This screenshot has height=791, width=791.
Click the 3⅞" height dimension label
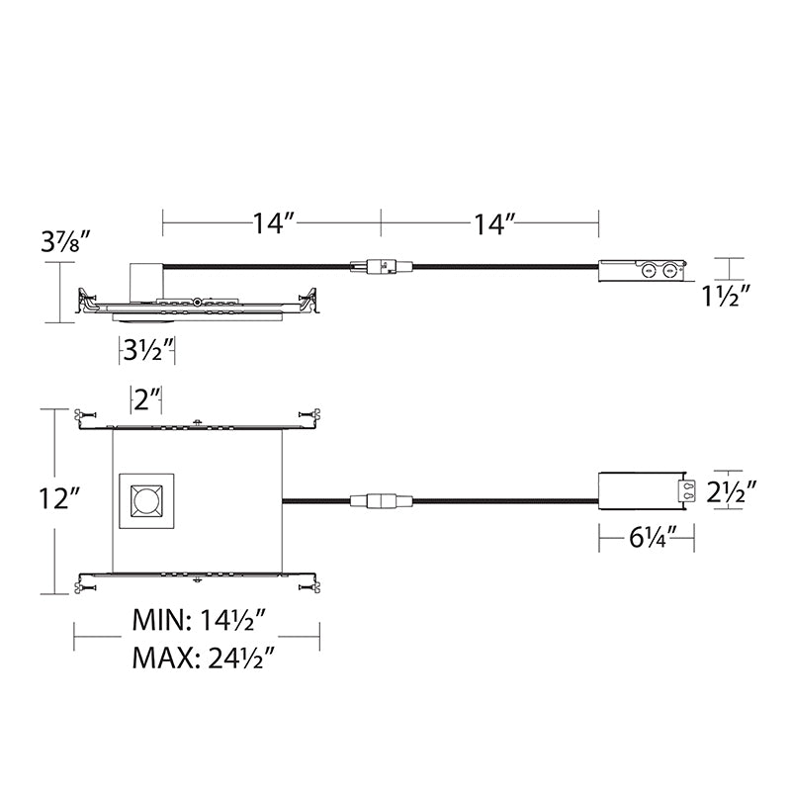(65, 241)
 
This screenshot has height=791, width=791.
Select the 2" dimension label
(146, 399)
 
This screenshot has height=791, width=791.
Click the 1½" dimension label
(724, 296)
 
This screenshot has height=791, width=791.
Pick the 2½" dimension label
(731, 492)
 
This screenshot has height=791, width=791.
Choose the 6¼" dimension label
(653, 538)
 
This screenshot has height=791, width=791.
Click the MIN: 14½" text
(199, 620)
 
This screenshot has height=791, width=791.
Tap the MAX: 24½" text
(203, 658)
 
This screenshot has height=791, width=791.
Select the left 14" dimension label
(273, 223)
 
